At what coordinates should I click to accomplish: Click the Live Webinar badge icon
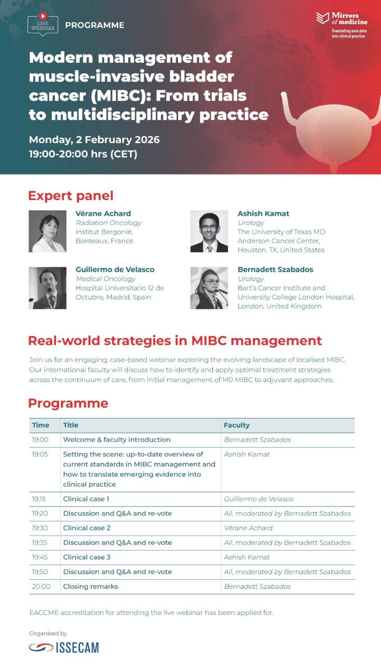pyautogui.click(x=43, y=24)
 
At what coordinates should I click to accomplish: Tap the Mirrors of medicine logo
pyautogui.click(x=342, y=25)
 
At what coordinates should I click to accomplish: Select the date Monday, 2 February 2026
pyautogui.click(x=94, y=140)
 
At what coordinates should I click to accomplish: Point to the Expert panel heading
pyautogui.click(x=71, y=196)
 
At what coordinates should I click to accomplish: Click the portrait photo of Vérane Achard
pyautogui.click(x=47, y=231)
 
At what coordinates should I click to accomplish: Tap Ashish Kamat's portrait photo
pyautogui.click(x=209, y=231)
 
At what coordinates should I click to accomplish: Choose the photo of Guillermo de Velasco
pyautogui.click(x=47, y=288)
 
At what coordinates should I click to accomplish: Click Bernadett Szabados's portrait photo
pyautogui.click(x=209, y=288)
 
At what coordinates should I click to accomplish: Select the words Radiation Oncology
pyautogui.click(x=108, y=223)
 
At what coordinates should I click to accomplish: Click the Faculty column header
pyautogui.click(x=237, y=425)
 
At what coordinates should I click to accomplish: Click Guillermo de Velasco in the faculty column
pyautogui.click(x=258, y=499)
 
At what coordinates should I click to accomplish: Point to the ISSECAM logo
pyautogui.click(x=64, y=647)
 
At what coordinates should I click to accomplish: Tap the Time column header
pyautogui.click(x=40, y=425)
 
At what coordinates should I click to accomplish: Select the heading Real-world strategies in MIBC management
pyautogui.click(x=175, y=341)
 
